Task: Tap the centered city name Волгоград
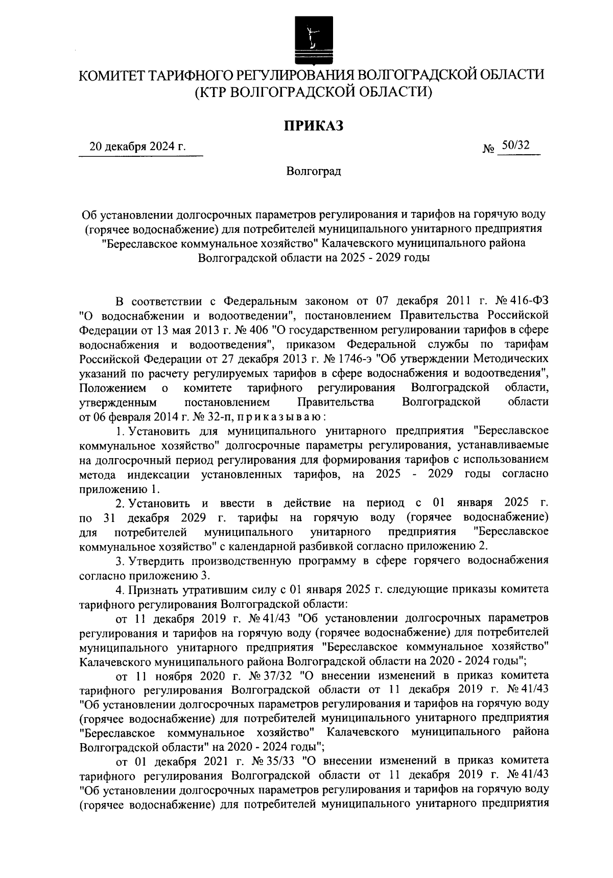click(313, 171)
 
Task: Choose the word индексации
click(159, 474)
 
